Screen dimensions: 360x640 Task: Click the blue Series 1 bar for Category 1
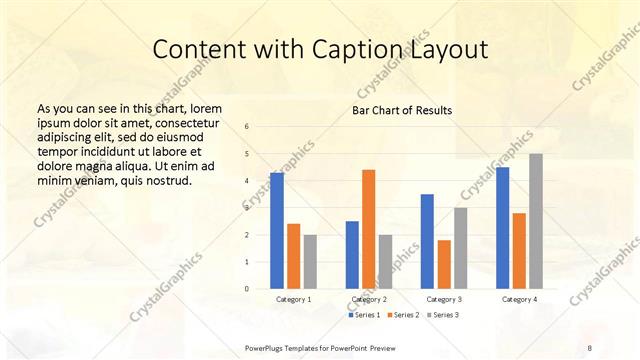click(277, 231)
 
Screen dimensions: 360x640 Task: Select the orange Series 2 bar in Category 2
click(368, 229)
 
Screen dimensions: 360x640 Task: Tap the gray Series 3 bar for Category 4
click(535, 221)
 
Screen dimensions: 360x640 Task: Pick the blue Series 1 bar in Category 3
click(427, 241)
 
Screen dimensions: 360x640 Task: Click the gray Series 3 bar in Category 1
click(310, 262)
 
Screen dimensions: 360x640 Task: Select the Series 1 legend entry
click(363, 315)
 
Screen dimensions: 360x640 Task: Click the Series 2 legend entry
click(403, 315)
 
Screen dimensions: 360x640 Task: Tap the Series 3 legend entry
click(443, 315)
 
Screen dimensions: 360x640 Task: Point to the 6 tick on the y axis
click(247, 126)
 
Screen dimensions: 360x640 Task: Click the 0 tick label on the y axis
click(247, 289)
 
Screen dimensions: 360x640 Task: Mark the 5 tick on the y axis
click(247, 153)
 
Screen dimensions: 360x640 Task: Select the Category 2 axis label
click(369, 299)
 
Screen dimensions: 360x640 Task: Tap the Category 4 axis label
click(519, 299)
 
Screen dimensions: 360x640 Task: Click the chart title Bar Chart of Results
click(402, 109)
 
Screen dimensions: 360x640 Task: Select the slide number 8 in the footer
click(591, 346)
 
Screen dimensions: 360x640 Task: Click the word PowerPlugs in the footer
click(269, 346)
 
